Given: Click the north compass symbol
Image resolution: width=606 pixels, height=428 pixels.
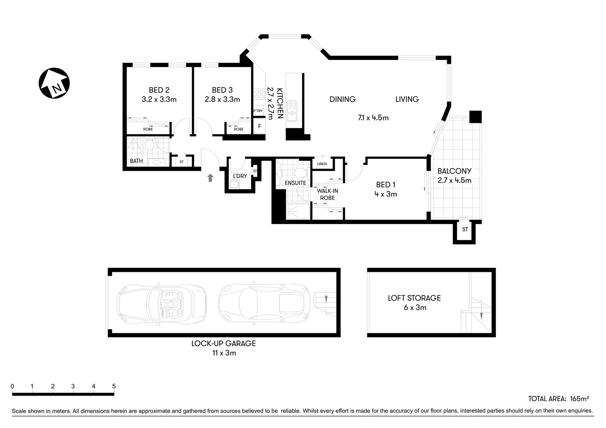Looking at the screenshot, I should coord(54,84).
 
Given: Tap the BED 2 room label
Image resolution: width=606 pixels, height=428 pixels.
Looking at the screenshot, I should coord(159,90).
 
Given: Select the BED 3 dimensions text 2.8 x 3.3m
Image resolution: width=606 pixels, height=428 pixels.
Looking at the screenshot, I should coord(222,99).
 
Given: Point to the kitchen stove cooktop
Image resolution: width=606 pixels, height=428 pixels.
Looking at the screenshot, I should coord(259,94).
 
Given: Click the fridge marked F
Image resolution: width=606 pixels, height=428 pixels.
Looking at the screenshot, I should coord(259,126).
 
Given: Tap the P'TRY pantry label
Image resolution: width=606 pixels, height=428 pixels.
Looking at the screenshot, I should coord(258,111).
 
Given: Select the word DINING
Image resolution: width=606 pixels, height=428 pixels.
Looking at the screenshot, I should coord(342,99).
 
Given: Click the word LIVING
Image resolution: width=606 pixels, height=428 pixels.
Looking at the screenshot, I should coord(407,99).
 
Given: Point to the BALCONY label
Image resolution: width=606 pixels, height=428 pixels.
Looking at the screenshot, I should coord(454,171).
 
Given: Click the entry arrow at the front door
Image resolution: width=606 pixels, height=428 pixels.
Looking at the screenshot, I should coord(210,178).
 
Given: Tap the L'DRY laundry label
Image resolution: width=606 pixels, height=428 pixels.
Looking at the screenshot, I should coord(240,176).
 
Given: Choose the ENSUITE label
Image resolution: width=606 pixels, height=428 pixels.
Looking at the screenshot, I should coord(295,183).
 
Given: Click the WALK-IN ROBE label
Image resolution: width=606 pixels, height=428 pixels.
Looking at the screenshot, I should coord(327,194).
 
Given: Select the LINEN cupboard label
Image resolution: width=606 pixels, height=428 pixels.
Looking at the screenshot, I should coord(322,164).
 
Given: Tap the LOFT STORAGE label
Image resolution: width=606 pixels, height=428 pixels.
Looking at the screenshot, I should coord(414,298).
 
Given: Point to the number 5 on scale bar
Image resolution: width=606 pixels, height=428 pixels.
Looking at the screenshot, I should coord(114,386).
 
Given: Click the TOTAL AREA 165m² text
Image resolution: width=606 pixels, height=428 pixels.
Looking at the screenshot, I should coord(558,399).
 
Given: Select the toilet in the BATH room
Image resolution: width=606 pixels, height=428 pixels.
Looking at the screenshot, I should coord(149,145).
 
